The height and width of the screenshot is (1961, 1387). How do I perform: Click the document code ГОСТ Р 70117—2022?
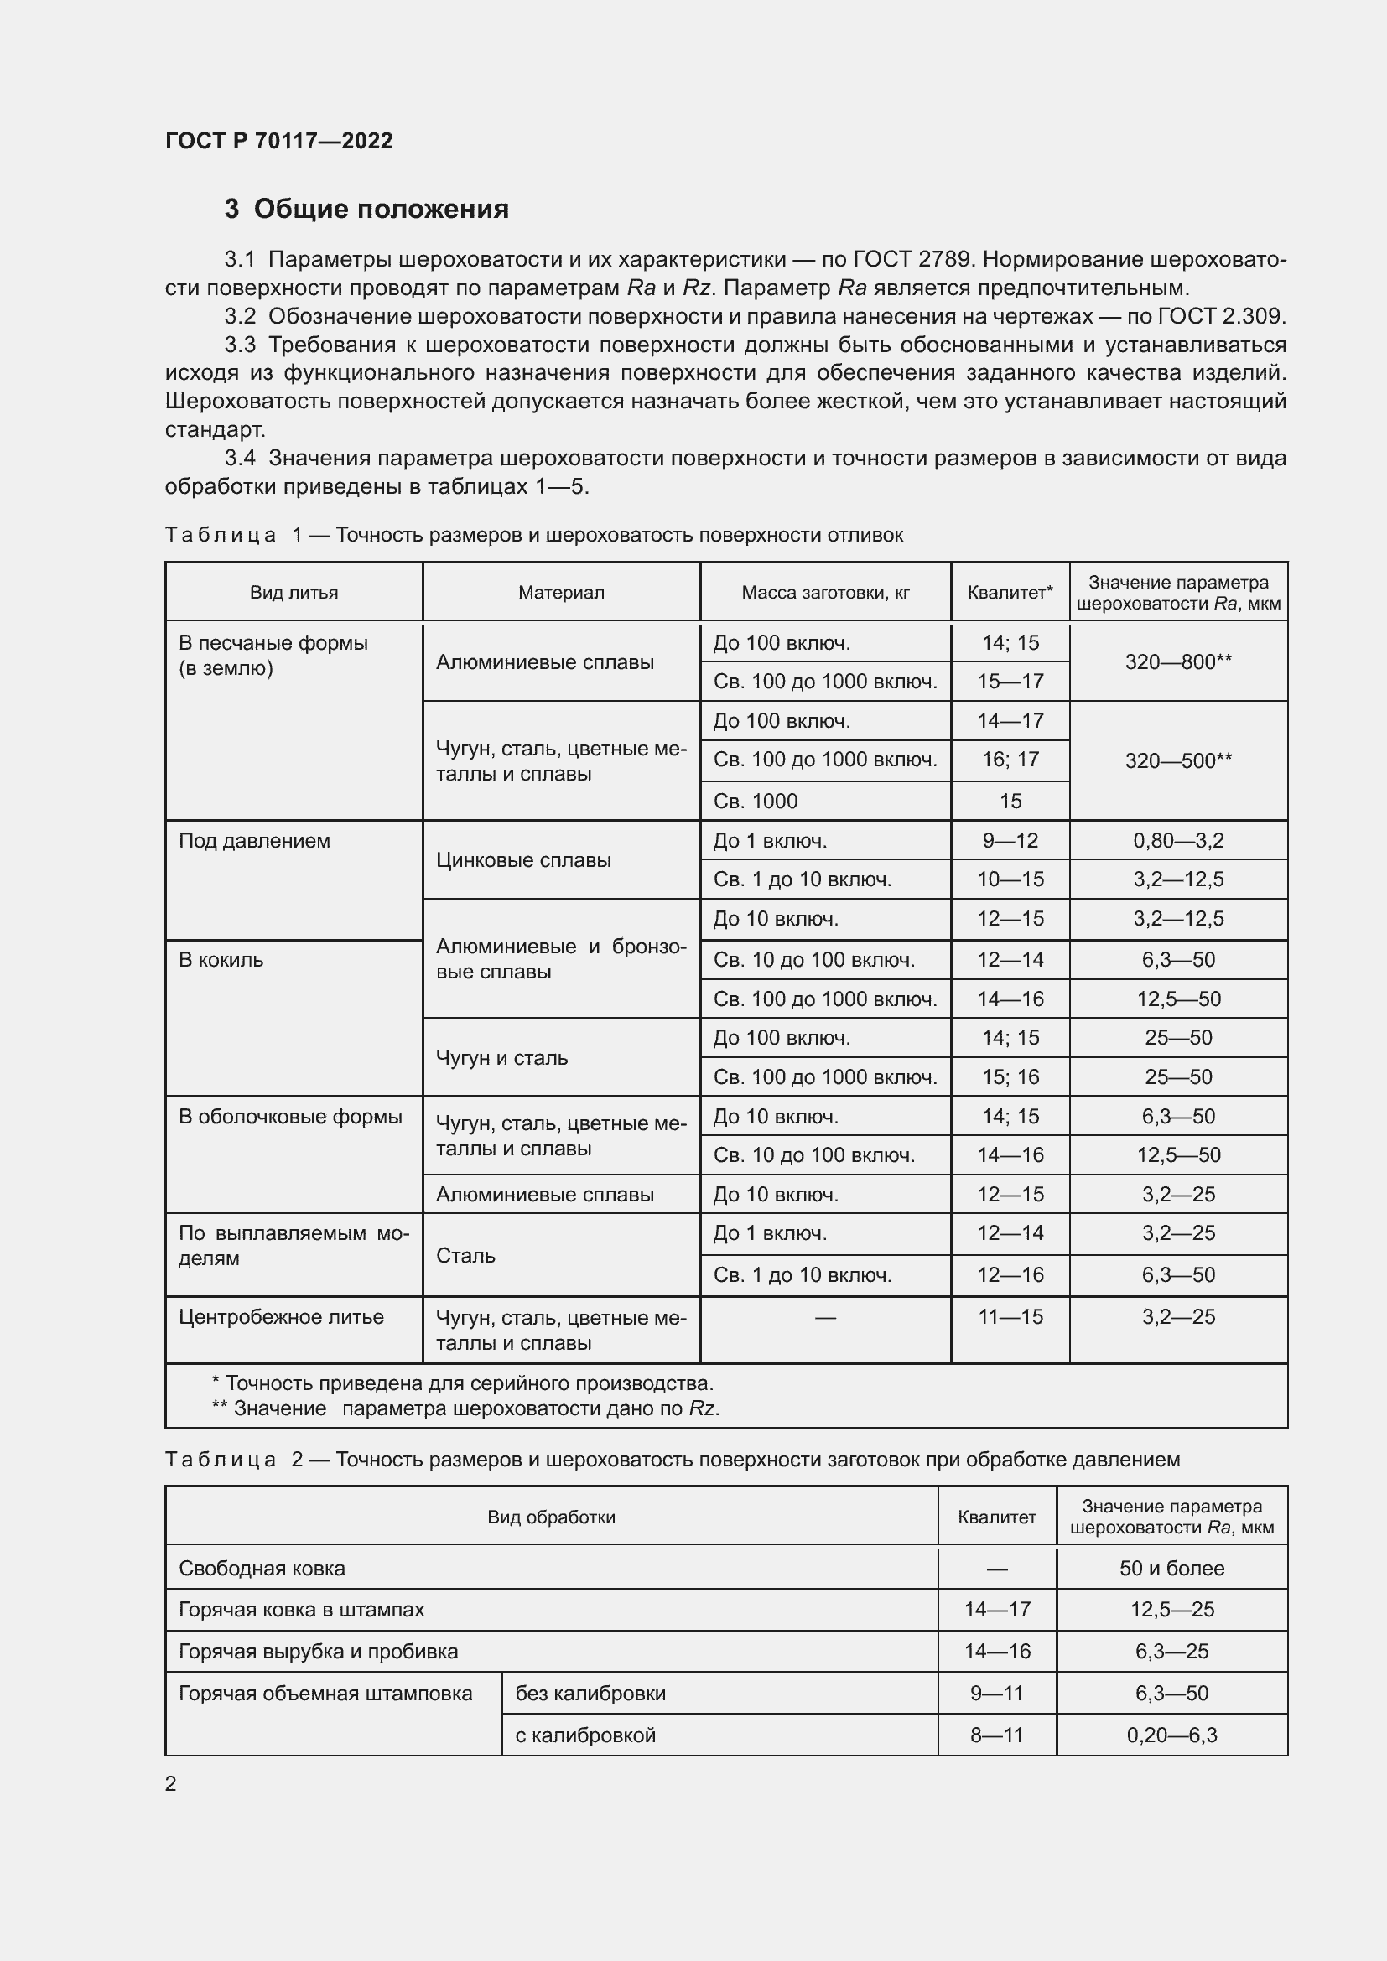278,141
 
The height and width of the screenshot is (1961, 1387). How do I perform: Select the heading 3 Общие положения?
366,209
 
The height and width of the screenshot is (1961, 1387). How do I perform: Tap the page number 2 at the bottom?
171,1783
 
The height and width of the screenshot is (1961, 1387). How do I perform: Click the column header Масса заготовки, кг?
825,592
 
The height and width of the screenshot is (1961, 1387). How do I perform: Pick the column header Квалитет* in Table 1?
1010,592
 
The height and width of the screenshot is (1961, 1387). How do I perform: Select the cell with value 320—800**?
1177,662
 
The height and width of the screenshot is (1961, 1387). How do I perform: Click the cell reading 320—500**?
1177,760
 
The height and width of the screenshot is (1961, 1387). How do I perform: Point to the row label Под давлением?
255,840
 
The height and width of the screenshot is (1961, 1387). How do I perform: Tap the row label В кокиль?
221,959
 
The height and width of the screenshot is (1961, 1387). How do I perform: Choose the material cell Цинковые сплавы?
523,860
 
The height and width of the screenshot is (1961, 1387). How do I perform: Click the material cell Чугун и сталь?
502,1057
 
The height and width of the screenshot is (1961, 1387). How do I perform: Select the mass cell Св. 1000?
755,802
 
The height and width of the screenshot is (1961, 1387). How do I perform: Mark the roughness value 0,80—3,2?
1177,840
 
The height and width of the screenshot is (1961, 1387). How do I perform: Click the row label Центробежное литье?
281,1316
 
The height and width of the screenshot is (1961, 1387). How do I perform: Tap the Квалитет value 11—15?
1010,1316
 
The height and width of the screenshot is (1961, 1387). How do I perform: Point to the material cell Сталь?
465,1255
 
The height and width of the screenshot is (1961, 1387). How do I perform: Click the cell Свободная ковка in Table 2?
262,1568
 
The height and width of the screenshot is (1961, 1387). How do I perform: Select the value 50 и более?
1171,1568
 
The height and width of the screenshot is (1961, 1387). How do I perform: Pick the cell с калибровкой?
585,1735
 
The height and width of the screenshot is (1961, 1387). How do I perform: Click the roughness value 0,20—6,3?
1171,1735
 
